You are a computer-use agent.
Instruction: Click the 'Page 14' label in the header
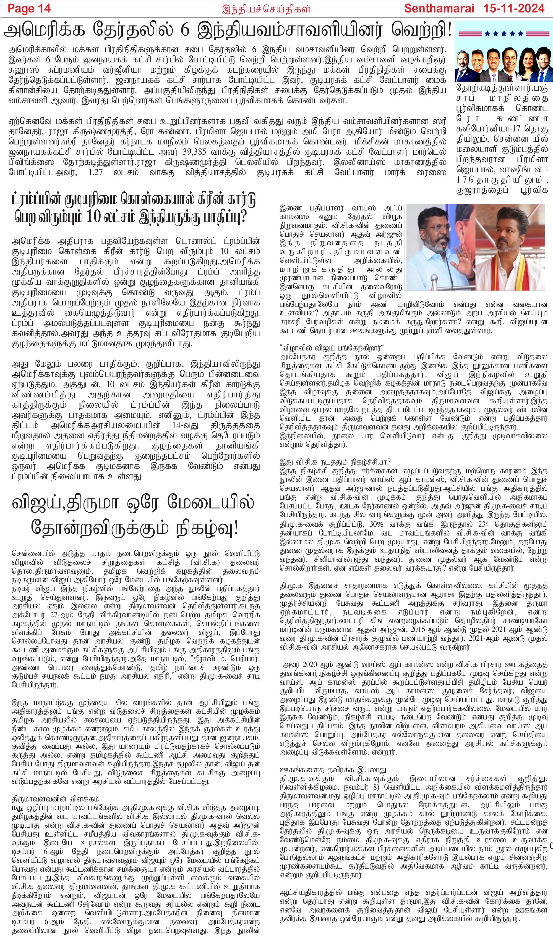pyautogui.click(x=29, y=8)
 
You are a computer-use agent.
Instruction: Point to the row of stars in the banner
pyautogui.click(x=504, y=33)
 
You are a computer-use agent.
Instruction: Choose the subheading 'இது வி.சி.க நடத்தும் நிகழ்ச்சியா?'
pyautogui.click(x=335, y=462)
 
